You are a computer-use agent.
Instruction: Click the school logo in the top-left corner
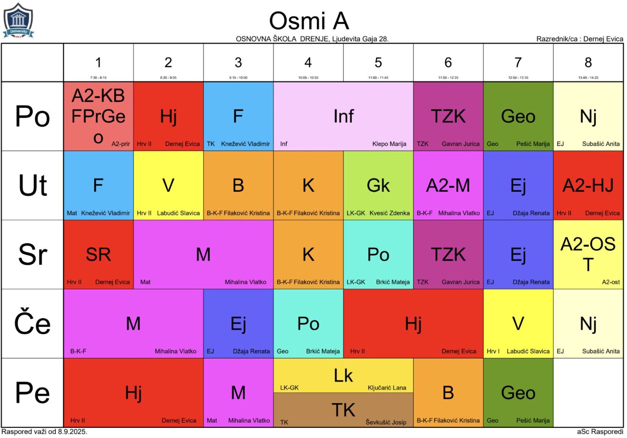point(18,21)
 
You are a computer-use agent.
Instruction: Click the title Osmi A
point(309,21)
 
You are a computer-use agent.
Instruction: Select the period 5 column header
point(378,63)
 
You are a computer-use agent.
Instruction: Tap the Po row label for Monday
point(32,116)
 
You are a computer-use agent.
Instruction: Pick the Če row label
point(32,324)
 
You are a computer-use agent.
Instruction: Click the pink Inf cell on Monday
point(343,116)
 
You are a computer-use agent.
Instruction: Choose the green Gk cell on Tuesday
point(378,185)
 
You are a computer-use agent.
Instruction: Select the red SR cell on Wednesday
point(98,254)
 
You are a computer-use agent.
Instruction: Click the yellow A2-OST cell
point(588,254)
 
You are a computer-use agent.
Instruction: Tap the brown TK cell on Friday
point(343,410)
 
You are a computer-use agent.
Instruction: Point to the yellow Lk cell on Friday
point(343,376)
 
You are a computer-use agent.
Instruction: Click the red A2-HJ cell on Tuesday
point(588,185)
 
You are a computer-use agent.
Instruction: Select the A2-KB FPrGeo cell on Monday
point(98,116)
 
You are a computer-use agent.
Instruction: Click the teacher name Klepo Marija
point(389,144)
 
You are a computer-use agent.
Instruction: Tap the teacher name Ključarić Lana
point(387,388)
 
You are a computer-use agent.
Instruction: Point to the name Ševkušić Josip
point(386,422)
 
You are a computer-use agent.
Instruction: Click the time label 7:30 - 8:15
point(98,77)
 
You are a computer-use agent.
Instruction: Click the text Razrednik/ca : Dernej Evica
point(579,39)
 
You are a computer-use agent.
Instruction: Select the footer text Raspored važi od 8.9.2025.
point(44,432)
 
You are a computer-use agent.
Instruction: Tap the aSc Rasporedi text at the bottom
point(600,432)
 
